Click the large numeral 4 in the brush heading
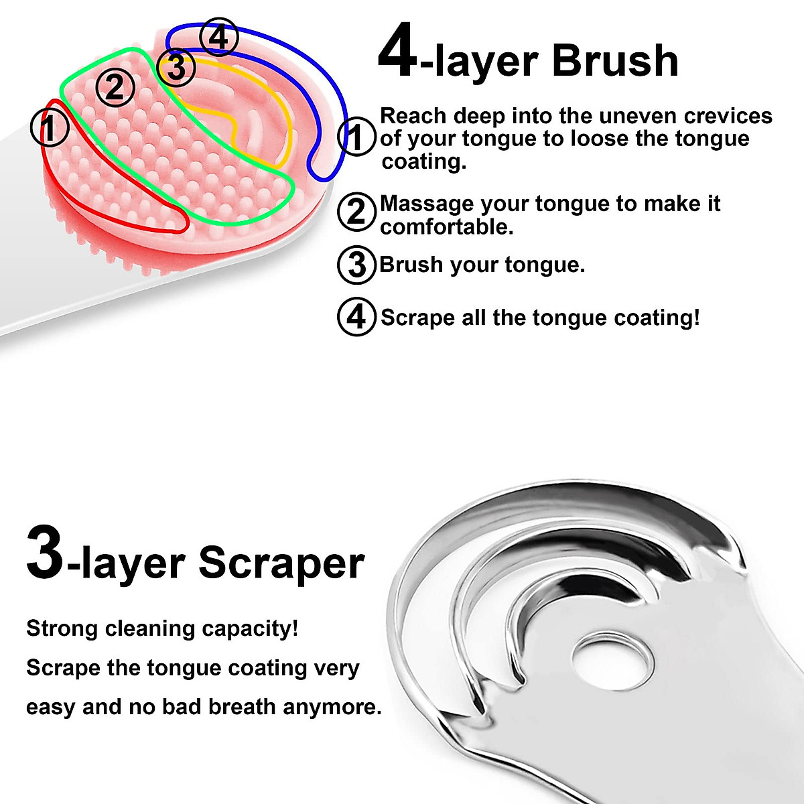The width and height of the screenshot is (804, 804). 398,52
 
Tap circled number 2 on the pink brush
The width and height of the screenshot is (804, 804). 115,88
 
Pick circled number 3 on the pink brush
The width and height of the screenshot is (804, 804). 176,67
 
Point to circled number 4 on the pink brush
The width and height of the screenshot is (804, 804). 218,38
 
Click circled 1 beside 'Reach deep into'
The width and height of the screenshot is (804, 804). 356,137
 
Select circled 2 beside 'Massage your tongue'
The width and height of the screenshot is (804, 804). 356,212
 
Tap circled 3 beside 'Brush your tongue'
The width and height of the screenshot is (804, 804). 356,265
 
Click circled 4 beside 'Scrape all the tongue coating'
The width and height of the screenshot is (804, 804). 356,317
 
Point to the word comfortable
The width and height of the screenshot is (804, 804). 446,227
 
